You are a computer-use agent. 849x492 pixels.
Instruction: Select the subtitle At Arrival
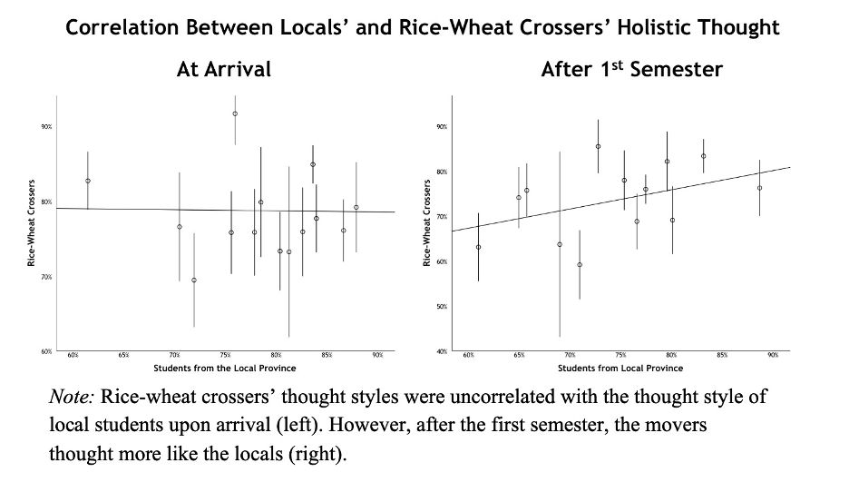click(223, 69)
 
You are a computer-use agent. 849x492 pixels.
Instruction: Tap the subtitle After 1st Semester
click(631, 69)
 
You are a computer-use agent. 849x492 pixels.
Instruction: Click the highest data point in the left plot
click(235, 113)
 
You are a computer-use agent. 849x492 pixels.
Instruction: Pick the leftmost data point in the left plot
click(88, 181)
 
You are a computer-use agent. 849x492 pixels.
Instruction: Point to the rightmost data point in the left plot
click(356, 207)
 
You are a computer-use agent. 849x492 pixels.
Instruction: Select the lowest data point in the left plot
click(194, 280)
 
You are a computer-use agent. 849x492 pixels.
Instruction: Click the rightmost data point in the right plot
click(759, 189)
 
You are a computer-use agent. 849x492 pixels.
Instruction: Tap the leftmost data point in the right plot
click(478, 247)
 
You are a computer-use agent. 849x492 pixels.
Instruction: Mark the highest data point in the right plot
click(598, 146)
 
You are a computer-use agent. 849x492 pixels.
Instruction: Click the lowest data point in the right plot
click(580, 265)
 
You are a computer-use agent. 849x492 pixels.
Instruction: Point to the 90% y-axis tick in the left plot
click(45, 127)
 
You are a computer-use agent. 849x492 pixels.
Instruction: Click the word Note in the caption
click(72, 398)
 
